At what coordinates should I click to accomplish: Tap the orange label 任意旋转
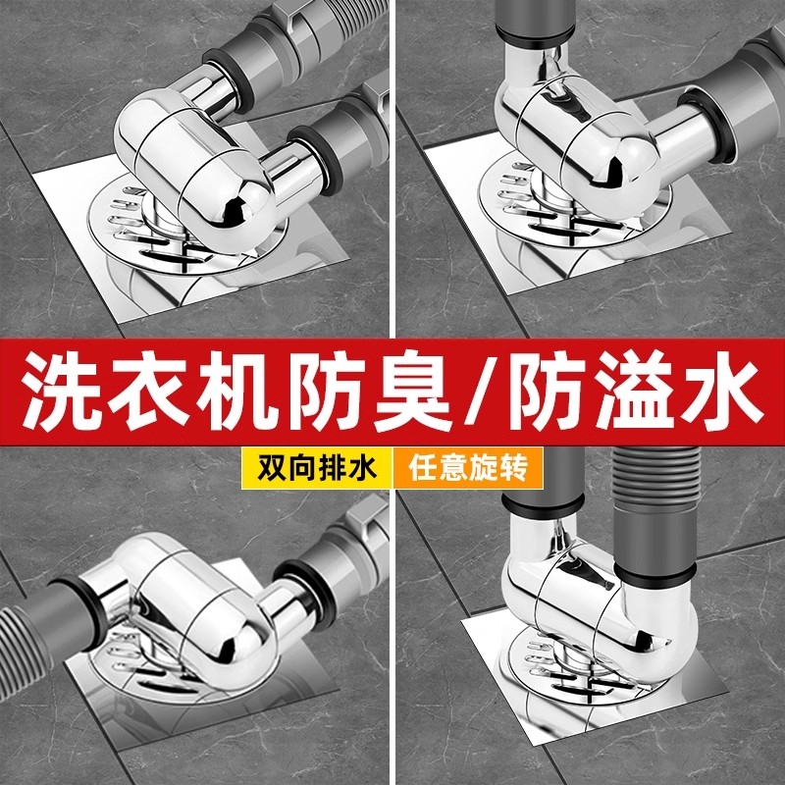(x=468, y=465)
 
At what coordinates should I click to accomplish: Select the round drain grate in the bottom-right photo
(x=545, y=677)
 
